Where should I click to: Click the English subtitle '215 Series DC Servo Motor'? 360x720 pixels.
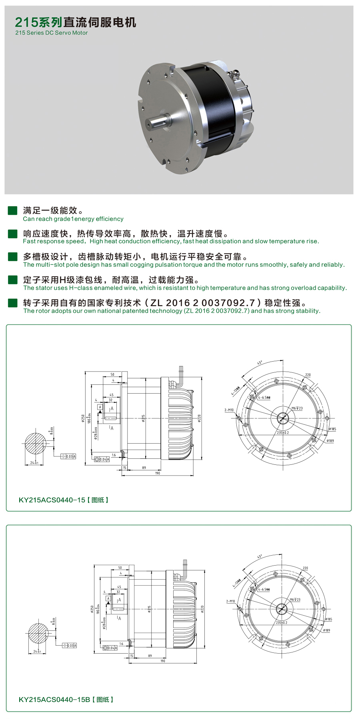(x=51, y=33)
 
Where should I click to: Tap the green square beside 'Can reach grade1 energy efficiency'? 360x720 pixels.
(x=13, y=211)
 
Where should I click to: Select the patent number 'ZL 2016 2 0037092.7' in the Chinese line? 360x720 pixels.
(x=202, y=303)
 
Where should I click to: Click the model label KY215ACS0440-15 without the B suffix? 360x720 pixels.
(x=52, y=500)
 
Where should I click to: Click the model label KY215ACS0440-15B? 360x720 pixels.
(x=54, y=700)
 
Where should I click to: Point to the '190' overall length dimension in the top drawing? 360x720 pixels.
(x=157, y=473)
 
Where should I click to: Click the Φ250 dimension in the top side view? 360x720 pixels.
(x=83, y=418)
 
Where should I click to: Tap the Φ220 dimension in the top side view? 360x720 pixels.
(x=199, y=418)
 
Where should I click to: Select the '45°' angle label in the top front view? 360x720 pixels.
(x=260, y=363)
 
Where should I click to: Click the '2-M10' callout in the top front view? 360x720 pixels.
(x=229, y=410)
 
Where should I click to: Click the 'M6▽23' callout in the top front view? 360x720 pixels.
(x=297, y=408)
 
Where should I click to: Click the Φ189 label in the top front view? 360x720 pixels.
(x=330, y=441)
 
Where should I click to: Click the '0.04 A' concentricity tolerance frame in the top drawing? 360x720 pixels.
(x=102, y=460)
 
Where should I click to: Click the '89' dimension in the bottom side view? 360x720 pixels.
(x=150, y=656)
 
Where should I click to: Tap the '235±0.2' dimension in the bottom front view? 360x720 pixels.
(x=281, y=623)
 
